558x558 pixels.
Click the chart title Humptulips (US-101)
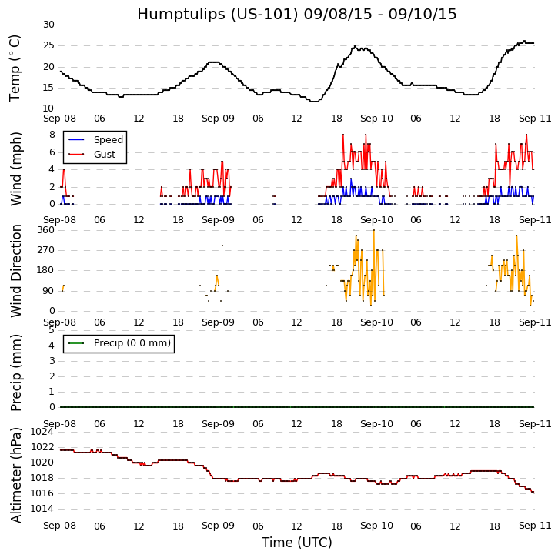(x=296, y=15)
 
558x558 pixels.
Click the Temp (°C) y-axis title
(x=15, y=68)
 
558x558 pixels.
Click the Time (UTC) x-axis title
(x=296, y=543)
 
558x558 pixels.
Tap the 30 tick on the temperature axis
(x=48, y=25)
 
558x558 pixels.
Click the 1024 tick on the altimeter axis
(x=42, y=432)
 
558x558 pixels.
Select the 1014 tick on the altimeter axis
(x=42, y=509)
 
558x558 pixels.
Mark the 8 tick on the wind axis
(x=51, y=135)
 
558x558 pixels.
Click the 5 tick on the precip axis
(x=51, y=330)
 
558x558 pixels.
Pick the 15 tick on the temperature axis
(x=48, y=89)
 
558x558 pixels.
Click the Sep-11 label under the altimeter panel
(x=535, y=526)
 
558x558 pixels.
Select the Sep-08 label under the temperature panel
(x=60, y=119)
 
